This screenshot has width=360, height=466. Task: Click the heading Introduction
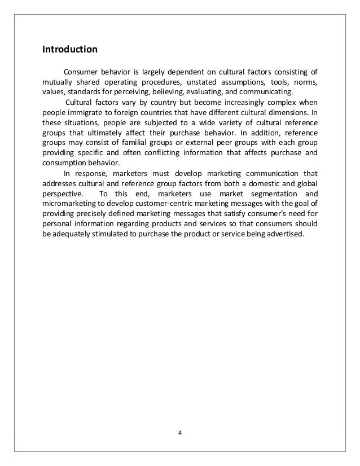click(x=70, y=49)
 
